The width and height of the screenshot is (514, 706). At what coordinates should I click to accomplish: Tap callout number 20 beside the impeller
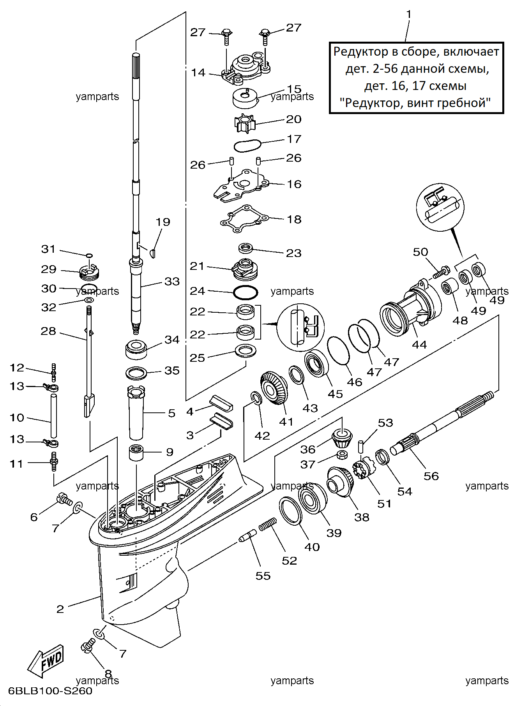tap(294, 119)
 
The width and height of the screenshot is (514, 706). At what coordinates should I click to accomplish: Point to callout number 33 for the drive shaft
tap(172, 281)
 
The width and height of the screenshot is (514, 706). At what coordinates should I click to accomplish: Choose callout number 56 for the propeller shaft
tap(431, 476)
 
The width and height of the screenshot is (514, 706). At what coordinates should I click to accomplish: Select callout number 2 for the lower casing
tap(60, 609)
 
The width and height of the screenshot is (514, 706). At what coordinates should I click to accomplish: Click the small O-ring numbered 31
tap(89, 255)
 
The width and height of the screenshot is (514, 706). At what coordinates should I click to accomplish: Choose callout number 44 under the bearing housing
tap(419, 345)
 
